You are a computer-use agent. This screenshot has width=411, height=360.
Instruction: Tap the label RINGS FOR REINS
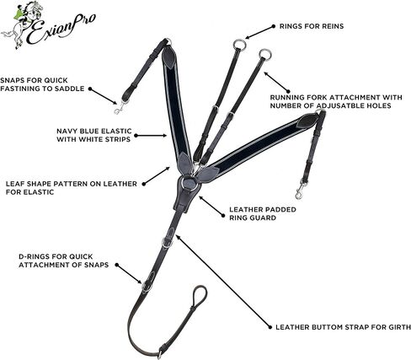click(x=312, y=26)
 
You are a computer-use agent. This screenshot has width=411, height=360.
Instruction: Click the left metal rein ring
click(x=239, y=44)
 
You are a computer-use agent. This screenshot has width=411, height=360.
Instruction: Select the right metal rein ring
click(x=265, y=54)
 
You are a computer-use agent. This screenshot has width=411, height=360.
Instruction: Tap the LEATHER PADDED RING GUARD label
click(x=263, y=213)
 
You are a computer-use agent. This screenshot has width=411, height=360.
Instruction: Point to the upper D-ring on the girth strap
click(x=168, y=241)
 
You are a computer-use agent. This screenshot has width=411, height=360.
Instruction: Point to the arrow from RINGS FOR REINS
click(x=259, y=32)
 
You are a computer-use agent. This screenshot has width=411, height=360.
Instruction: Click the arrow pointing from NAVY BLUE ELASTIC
click(x=151, y=136)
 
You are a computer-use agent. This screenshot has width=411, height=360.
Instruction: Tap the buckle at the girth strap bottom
click(x=161, y=352)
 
